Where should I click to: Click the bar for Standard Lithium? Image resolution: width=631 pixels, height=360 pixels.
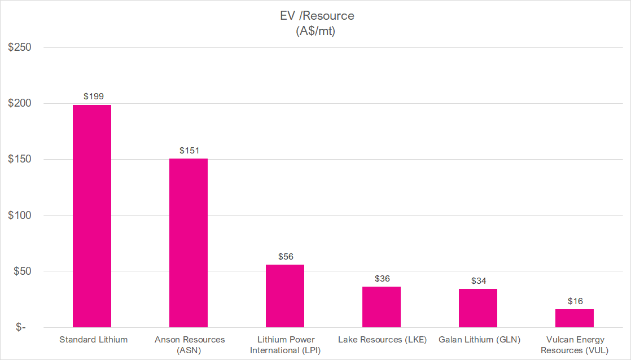(92, 216)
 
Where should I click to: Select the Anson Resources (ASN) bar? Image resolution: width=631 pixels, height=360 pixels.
(189, 243)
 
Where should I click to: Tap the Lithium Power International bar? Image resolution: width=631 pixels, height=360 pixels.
(285, 296)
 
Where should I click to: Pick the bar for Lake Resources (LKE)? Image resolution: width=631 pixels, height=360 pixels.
(382, 307)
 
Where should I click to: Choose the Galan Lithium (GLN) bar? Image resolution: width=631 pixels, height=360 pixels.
(478, 308)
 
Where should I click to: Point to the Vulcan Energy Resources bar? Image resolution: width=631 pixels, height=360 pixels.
(575, 318)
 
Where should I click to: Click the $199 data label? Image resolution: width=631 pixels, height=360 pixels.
(94, 96)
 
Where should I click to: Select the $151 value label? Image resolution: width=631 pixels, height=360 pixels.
(190, 151)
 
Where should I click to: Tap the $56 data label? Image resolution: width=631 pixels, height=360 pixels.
(286, 257)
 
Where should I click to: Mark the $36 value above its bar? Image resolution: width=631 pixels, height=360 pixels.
(382, 279)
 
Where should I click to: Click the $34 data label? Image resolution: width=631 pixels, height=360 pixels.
(479, 280)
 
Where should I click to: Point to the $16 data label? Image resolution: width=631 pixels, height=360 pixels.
(575, 301)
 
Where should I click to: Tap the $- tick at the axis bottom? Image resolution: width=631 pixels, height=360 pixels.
(20, 327)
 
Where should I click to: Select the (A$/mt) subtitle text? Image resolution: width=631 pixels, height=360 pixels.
(315, 32)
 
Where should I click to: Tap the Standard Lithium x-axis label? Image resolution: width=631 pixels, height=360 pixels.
(94, 340)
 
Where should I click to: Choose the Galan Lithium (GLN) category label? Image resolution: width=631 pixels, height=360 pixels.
(479, 340)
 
